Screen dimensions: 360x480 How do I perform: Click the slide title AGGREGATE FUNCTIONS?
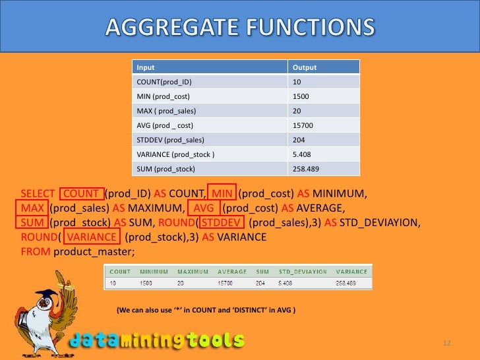click(239, 28)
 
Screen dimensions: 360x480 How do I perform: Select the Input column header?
click(145, 67)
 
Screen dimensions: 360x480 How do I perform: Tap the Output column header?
click(305, 67)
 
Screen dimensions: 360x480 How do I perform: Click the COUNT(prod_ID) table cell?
click(167, 82)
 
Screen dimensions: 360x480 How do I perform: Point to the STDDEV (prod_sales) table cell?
click(170, 140)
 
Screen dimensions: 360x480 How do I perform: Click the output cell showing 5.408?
click(303, 154)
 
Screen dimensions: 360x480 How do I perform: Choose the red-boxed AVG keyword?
click(204, 209)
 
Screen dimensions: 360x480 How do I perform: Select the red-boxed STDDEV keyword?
click(221, 224)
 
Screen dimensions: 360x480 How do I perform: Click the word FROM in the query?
click(36, 252)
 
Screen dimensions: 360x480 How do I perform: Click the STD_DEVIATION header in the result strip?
click(303, 271)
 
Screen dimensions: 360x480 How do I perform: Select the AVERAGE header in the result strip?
click(231, 271)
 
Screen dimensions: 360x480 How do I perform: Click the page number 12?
click(446, 344)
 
